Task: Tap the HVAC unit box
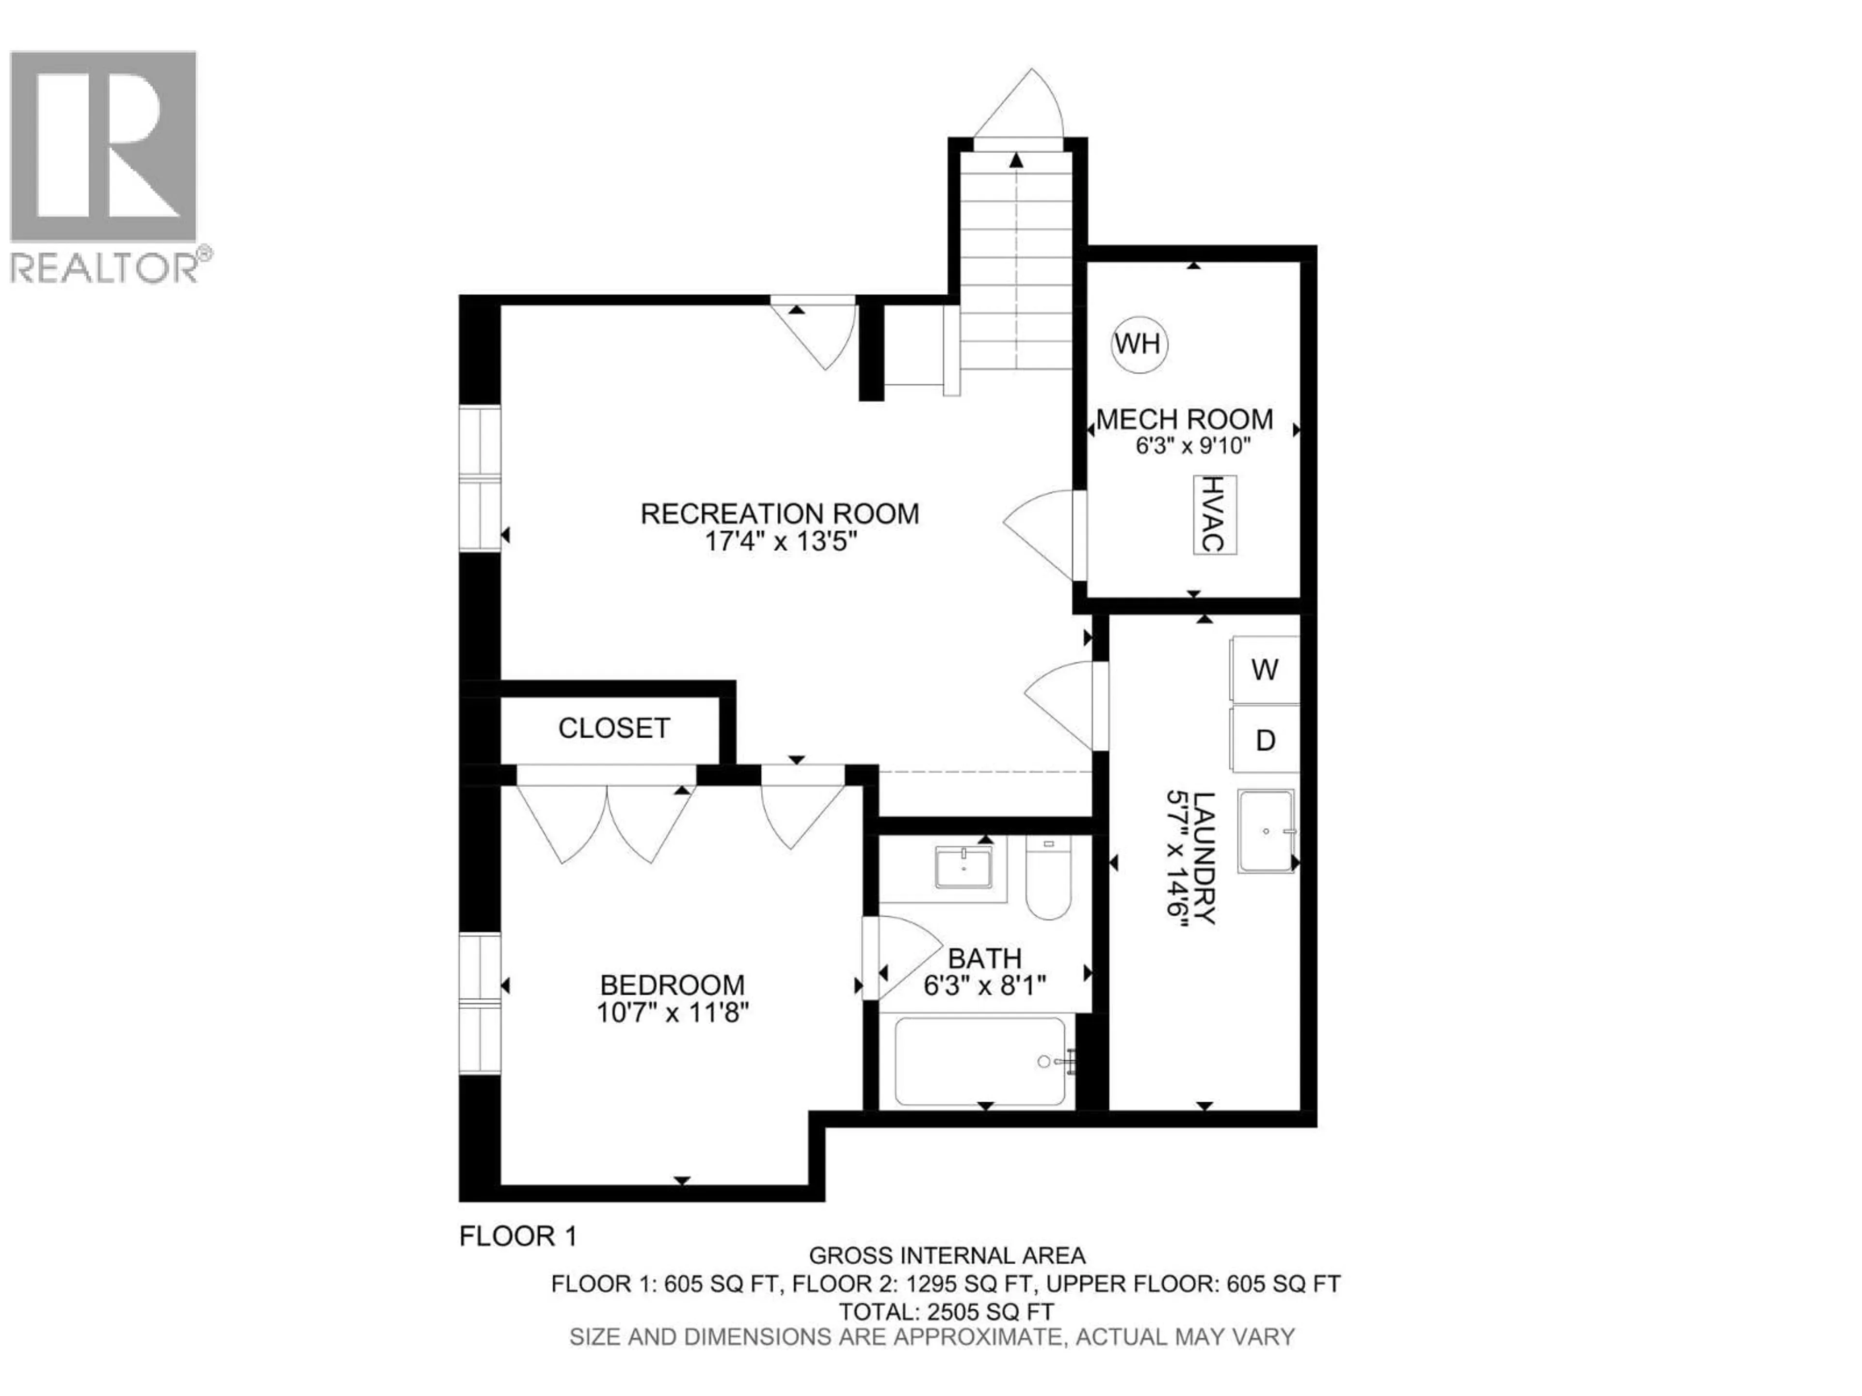click(x=1214, y=514)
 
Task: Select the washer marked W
click(x=1264, y=670)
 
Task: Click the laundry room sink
click(x=1265, y=830)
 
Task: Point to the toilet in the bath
click(x=1048, y=881)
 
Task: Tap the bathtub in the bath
click(x=979, y=1062)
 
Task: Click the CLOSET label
click(x=614, y=728)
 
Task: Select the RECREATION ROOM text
click(x=780, y=513)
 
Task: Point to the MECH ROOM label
click(x=1185, y=419)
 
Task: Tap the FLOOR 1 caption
click(x=518, y=1236)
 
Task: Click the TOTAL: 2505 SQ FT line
click(x=946, y=1312)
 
